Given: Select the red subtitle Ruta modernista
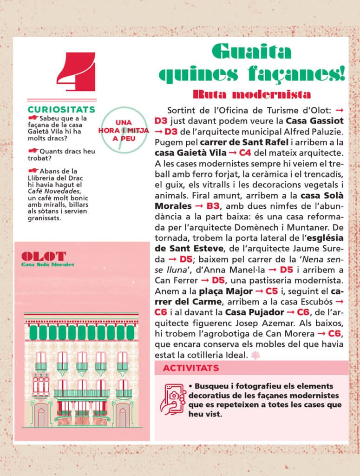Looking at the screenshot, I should point(251,94).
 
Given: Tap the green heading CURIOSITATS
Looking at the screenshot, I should point(61,110).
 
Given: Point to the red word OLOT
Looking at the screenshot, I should point(44,256).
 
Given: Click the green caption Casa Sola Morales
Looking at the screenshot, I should point(48,264).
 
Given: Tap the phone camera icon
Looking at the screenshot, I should point(172,398).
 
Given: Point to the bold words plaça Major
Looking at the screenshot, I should point(223,291).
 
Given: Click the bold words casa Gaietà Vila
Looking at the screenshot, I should point(187,152).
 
